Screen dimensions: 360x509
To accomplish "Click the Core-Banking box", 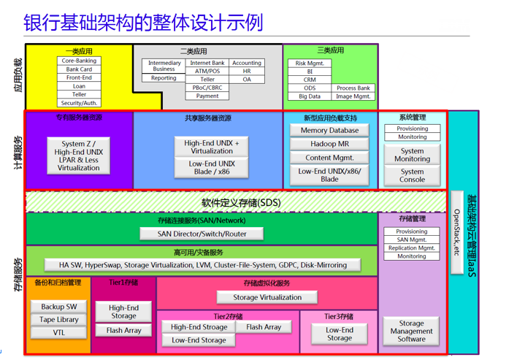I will (x=79, y=61).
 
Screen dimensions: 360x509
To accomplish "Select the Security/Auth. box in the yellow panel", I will (x=79, y=103).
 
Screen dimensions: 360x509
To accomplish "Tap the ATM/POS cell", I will (x=207, y=72).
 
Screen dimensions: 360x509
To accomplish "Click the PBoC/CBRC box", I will (x=207, y=88).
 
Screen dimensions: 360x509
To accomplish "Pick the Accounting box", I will (x=247, y=64).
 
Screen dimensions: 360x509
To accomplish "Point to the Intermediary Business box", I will (x=164, y=66).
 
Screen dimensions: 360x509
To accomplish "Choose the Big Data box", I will (x=310, y=96).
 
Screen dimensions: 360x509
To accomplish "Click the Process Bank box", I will (x=353, y=88).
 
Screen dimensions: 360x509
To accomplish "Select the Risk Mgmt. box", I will (x=310, y=64).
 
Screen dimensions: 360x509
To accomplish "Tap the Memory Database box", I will (x=329, y=131).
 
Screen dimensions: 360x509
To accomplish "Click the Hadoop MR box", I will (x=329, y=144).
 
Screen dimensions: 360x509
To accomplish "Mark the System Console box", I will (x=412, y=175).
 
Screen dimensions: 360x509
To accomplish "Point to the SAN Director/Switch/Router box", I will (x=202, y=234).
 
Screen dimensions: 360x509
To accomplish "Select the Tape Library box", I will (x=59, y=320).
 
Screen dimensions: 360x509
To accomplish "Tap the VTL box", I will (x=59, y=332).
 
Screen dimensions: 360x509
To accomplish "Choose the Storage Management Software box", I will (x=411, y=331).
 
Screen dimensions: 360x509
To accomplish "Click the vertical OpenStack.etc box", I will (x=457, y=232).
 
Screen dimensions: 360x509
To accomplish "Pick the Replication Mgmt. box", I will (x=412, y=248).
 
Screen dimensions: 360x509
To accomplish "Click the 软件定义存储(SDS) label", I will (x=235, y=202).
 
